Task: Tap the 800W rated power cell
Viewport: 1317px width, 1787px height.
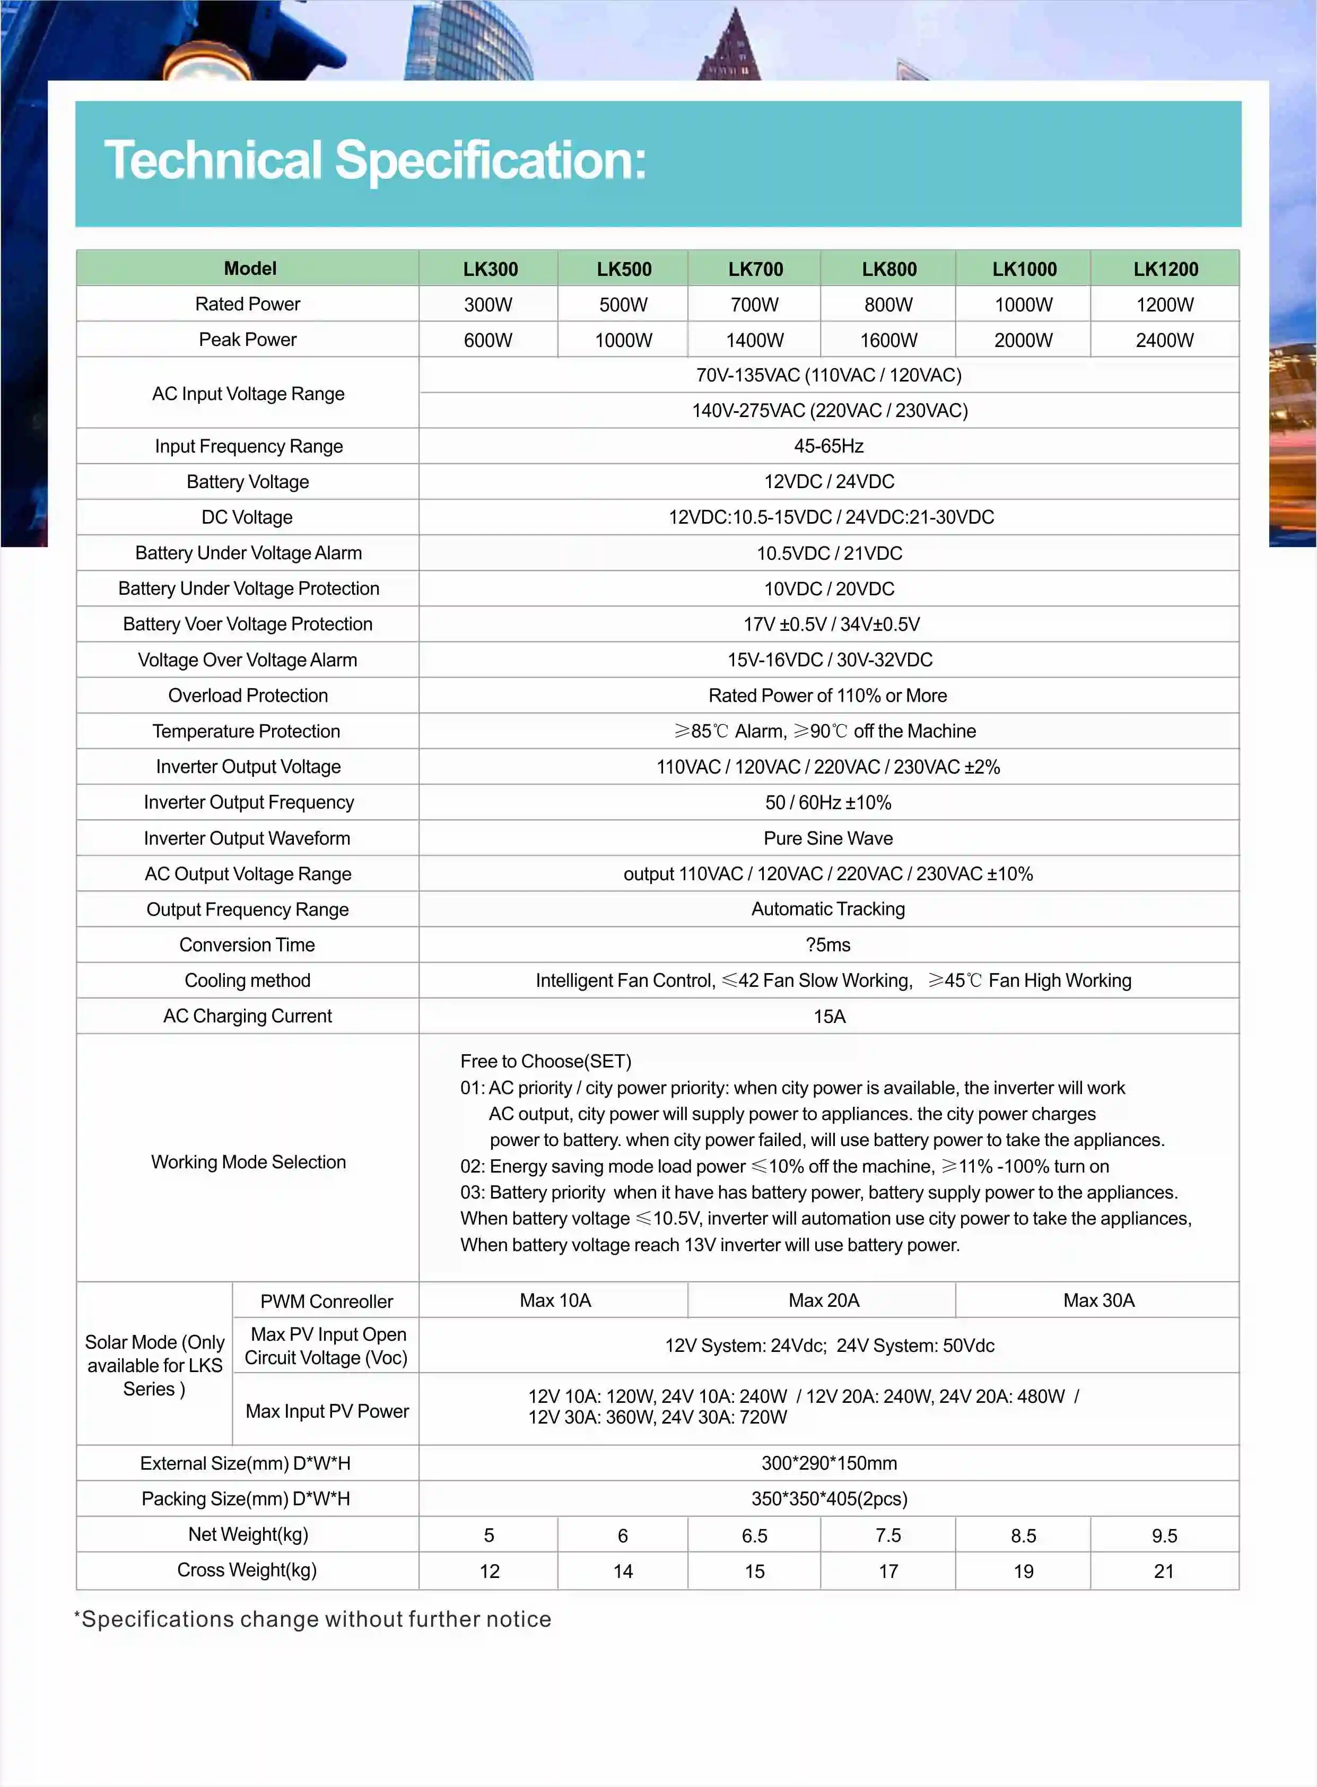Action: tap(888, 305)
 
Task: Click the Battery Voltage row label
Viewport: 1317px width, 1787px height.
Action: tap(247, 482)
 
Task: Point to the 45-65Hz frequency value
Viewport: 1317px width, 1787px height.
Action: tap(828, 446)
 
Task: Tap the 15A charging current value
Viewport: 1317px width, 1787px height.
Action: tap(829, 1016)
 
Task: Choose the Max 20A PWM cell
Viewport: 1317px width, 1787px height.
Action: tap(824, 1300)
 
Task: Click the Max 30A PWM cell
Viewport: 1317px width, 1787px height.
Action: tap(1098, 1300)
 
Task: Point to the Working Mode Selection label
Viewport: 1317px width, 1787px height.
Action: tap(248, 1162)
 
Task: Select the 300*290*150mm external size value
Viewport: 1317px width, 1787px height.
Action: tap(828, 1463)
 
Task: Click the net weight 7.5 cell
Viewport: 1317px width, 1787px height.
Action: tap(887, 1536)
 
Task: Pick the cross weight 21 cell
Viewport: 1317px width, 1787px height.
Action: tap(1163, 1572)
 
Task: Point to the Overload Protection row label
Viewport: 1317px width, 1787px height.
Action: tap(247, 696)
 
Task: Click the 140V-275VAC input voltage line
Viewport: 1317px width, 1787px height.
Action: tap(829, 411)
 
